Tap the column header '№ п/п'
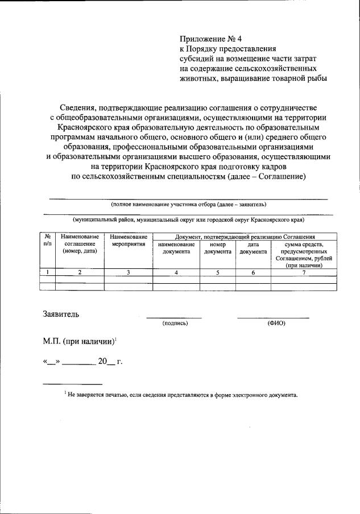47,240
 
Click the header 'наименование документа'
176,248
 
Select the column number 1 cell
47,272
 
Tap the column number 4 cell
176,272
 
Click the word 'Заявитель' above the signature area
61,313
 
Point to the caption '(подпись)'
175,323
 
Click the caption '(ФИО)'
276,323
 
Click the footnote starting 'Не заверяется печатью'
182,394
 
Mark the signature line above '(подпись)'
174,317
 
